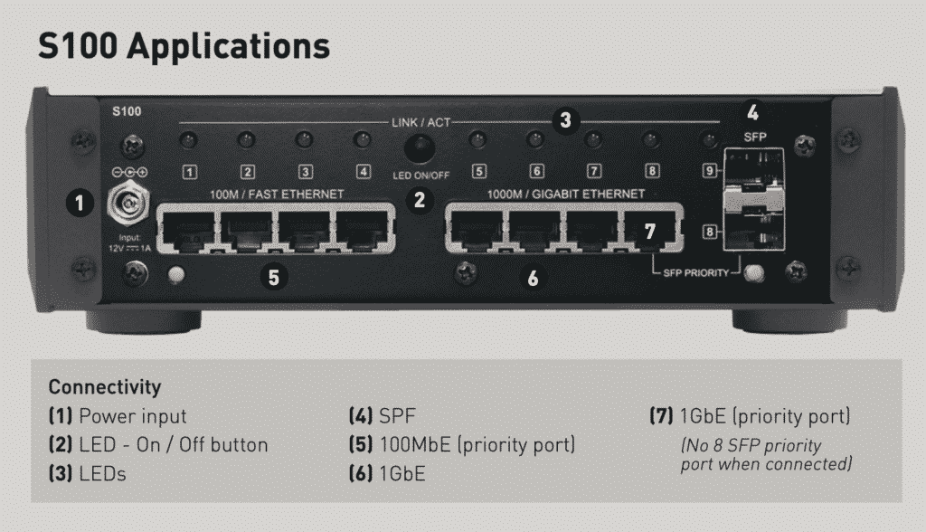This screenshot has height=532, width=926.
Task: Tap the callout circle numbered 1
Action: click(80, 204)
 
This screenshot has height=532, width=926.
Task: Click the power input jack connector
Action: click(126, 204)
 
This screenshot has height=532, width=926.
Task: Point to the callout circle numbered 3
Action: click(565, 119)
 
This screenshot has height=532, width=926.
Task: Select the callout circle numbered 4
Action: click(752, 113)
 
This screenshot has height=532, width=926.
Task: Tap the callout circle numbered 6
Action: click(533, 279)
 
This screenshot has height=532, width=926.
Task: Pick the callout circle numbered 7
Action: click(649, 231)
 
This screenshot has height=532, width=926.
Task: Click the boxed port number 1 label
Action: click(190, 171)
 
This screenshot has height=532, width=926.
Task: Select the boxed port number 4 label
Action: click(363, 171)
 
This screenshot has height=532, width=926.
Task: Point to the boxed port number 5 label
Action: click(478, 171)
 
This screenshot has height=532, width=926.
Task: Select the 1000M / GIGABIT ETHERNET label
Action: click(567, 194)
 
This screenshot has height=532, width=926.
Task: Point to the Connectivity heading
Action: click(105, 387)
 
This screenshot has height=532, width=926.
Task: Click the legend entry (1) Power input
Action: click(118, 416)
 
